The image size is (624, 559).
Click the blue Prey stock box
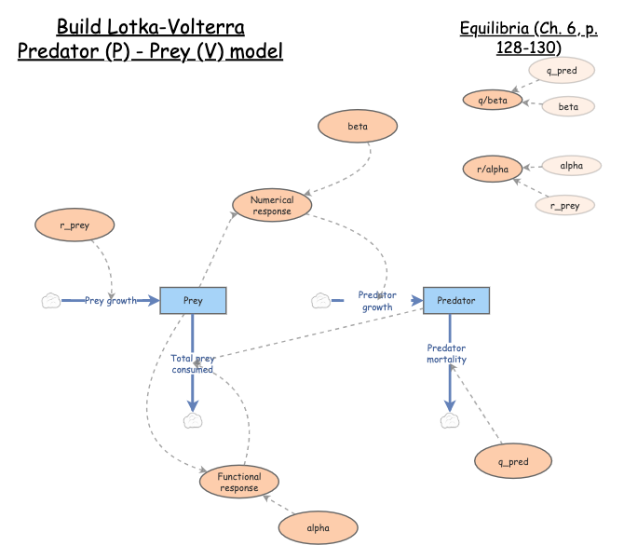(194, 300)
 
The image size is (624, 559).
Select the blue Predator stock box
(456, 300)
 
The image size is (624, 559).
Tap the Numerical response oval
(272, 205)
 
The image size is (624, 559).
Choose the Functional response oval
(239, 482)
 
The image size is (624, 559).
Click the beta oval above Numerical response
(358, 126)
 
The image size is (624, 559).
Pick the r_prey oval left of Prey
(75, 225)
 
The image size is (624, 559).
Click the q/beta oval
(493, 100)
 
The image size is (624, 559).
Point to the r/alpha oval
(492, 170)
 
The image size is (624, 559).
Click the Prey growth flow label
(111, 300)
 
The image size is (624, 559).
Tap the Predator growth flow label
(377, 300)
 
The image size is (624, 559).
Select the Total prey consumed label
(193, 363)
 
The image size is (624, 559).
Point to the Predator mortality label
(447, 354)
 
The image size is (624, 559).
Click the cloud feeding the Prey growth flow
(51, 300)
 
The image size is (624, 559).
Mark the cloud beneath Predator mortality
(450, 421)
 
